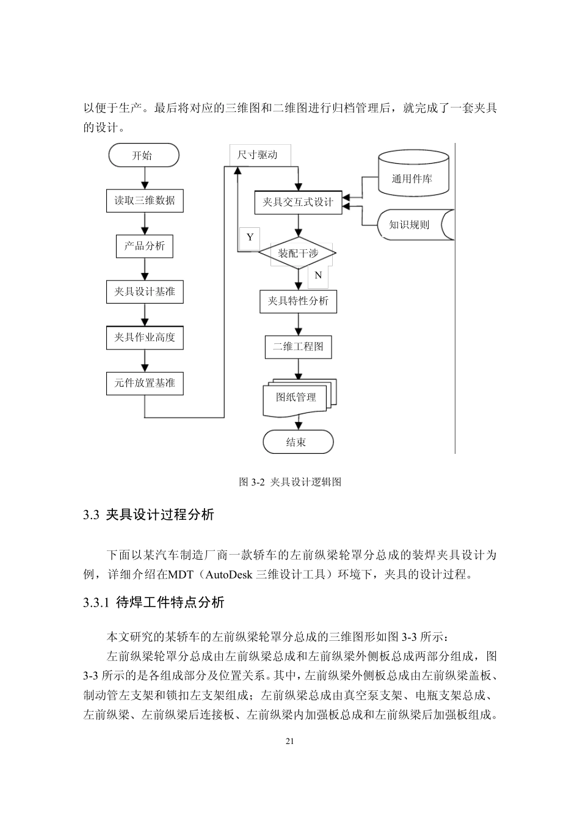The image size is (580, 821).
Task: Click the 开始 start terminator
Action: (x=143, y=155)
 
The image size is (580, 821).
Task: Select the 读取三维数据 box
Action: (x=145, y=200)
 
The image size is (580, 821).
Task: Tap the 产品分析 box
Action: (x=145, y=246)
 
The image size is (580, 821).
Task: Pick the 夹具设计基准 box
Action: (x=145, y=292)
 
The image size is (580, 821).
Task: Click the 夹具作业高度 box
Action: (x=145, y=337)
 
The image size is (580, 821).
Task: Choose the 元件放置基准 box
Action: (x=145, y=383)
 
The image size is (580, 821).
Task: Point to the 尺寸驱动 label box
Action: (x=258, y=155)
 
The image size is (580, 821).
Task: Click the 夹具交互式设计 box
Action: (x=298, y=202)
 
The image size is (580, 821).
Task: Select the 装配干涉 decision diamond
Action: (x=298, y=253)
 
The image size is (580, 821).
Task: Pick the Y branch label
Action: (x=250, y=237)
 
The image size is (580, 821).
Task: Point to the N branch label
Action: (x=318, y=275)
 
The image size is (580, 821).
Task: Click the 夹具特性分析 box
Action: (x=298, y=301)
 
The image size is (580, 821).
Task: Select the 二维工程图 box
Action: (x=298, y=346)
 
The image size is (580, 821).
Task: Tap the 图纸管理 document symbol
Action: (x=297, y=398)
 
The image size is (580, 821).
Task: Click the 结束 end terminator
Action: (x=297, y=442)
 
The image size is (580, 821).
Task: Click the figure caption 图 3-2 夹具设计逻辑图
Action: (x=289, y=482)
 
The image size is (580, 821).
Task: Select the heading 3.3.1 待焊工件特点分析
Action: (x=154, y=603)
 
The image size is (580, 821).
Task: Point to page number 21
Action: (x=289, y=742)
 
